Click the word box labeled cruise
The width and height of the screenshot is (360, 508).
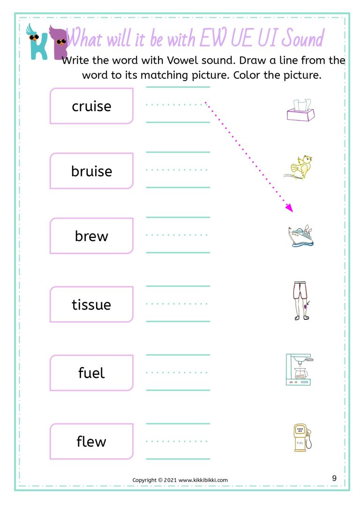click(x=91, y=106)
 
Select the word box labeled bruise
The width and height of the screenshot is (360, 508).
click(x=91, y=171)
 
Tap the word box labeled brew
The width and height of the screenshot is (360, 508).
click(x=91, y=236)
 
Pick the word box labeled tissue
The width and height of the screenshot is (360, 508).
click(x=91, y=304)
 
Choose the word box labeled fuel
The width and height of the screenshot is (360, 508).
click(x=91, y=373)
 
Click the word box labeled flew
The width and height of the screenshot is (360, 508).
click(x=91, y=441)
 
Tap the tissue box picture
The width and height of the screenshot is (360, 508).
click(x=301, y=110)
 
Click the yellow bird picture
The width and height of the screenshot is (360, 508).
click(x=298, y=167)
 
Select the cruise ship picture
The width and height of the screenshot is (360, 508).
click(x=301, y=236)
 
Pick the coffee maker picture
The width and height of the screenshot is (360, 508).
click(x=300, y=369)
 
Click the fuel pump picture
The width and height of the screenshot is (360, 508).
click(x=302, y=437)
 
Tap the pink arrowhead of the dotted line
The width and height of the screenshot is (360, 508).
click(x=289, y=208)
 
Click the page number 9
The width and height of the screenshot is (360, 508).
click(x=334, y=478)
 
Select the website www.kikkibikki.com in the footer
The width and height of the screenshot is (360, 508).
click(x=203, y=480)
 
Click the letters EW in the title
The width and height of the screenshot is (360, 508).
click(x=213, y=38)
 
